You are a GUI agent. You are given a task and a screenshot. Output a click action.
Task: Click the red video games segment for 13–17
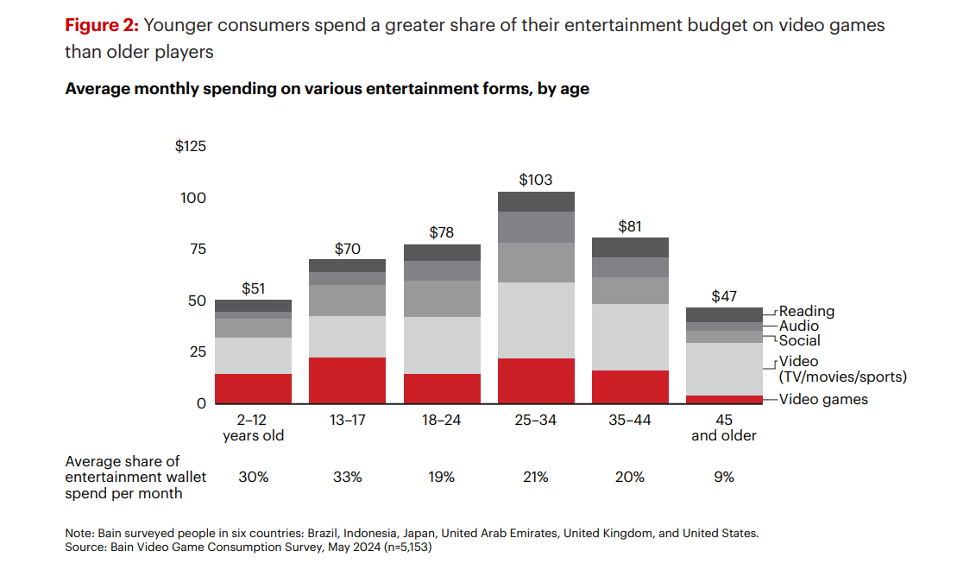point(347,380)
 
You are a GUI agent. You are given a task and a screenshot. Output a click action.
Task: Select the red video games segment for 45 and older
point(724,399)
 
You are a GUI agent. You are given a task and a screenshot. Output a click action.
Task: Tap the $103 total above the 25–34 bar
point(535,180)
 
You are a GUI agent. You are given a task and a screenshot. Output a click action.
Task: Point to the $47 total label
point(724,296)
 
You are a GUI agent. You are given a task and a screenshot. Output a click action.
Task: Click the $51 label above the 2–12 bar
point(253,288)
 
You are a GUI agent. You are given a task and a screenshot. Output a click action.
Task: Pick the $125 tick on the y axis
point(191,146)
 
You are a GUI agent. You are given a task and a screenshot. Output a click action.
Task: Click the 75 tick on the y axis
point(198,249)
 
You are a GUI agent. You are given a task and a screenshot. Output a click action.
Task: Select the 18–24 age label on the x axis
point(441,420)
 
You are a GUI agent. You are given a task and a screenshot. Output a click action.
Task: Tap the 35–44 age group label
point(630,420)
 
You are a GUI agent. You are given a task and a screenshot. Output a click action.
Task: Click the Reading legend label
point(807,311)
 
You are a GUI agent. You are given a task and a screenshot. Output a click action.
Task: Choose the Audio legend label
point(799,326)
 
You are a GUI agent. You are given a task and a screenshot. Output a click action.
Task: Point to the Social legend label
point(800,340)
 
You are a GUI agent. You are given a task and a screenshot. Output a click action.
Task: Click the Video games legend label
point(823,399)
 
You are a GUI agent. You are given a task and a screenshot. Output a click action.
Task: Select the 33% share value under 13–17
point(347,477)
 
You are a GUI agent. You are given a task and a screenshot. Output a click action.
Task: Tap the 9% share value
point(724,477)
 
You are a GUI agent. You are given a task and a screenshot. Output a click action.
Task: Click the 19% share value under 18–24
point(441,477)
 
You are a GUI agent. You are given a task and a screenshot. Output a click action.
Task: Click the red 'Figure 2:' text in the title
point(102,25)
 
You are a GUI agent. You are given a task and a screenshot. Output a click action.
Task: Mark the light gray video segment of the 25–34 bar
point(535,320)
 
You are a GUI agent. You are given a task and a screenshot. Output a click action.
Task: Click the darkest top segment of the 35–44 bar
point(630,247)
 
